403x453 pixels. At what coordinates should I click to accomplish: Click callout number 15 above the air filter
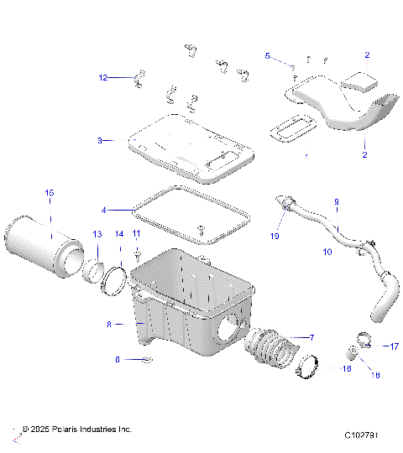pyautogui.click(x=49, y=194)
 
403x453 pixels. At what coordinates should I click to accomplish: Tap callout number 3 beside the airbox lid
pyautogui.click(x=100, y=141)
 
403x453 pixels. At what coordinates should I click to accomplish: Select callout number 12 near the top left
pyautogui.click(x=103, y=78)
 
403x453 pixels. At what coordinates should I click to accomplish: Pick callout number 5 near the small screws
pyautogui.click(x=268, y=56)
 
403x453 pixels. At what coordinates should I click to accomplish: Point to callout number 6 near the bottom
pyautogui.click(x=118, y=359)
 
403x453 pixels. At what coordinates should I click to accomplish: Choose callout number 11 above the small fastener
pyautogui.click(x=136, y=232)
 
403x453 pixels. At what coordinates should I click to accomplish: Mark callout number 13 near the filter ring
pyautogui.click(x=97, y=234)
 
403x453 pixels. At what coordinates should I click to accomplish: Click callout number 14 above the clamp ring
pyautogui.click(x=119, y=234)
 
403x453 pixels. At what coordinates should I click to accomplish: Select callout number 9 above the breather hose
pyautogui.click(x=336, y=202)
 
